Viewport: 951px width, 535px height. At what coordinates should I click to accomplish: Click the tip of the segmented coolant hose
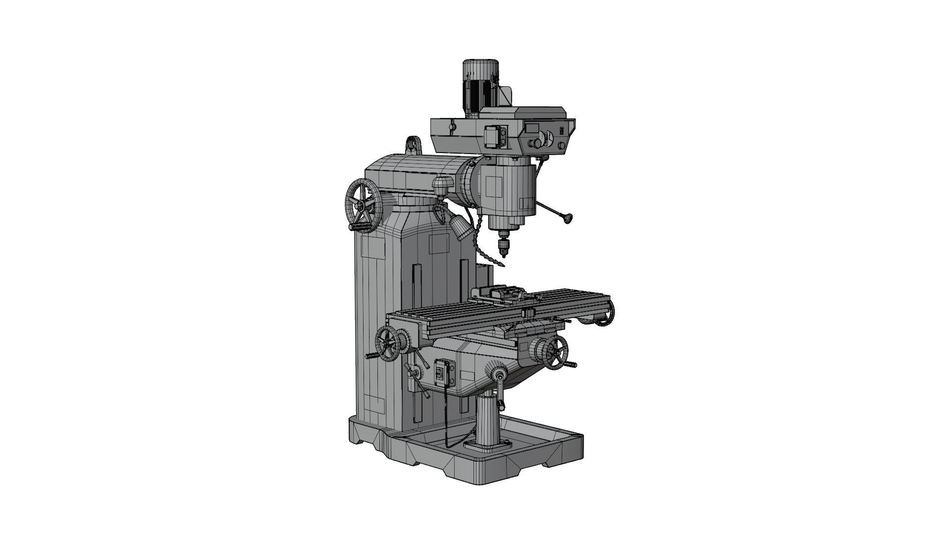(502, 266)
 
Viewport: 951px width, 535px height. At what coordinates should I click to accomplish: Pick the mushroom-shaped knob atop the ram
(442, 186)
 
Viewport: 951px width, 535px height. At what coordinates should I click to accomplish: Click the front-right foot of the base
(549, 463)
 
